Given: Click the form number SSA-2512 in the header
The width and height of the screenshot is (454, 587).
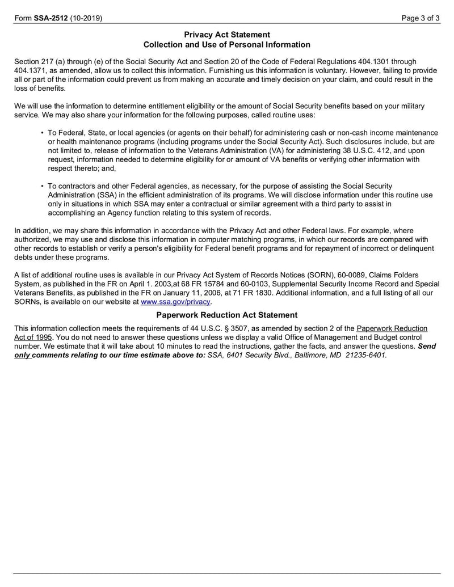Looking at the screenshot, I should pyautogui.click(x=51, y=18).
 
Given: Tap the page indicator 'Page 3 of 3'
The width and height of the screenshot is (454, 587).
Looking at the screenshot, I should pyautogui.click(x=421, y=18).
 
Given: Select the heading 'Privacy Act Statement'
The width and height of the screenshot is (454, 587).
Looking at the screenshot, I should pyautogui.click(x=227, y=35).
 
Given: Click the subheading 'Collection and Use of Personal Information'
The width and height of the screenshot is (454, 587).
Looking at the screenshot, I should pyautogui.click(x=227, y=44).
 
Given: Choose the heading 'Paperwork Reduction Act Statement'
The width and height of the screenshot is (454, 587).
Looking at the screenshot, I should pyautogui.click(x=227, y=315).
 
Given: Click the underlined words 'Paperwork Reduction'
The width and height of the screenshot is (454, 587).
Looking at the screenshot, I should pyautogui.click(x=392, y=328).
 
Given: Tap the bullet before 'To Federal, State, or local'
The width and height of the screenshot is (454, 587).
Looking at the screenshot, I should pyautogui.click(x=43, y=133).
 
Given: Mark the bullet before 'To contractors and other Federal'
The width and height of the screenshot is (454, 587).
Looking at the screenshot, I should pyautogui.click(x=43, y=187).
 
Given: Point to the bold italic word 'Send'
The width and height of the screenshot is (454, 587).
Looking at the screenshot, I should pyautogui.click(x=427, y=346).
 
